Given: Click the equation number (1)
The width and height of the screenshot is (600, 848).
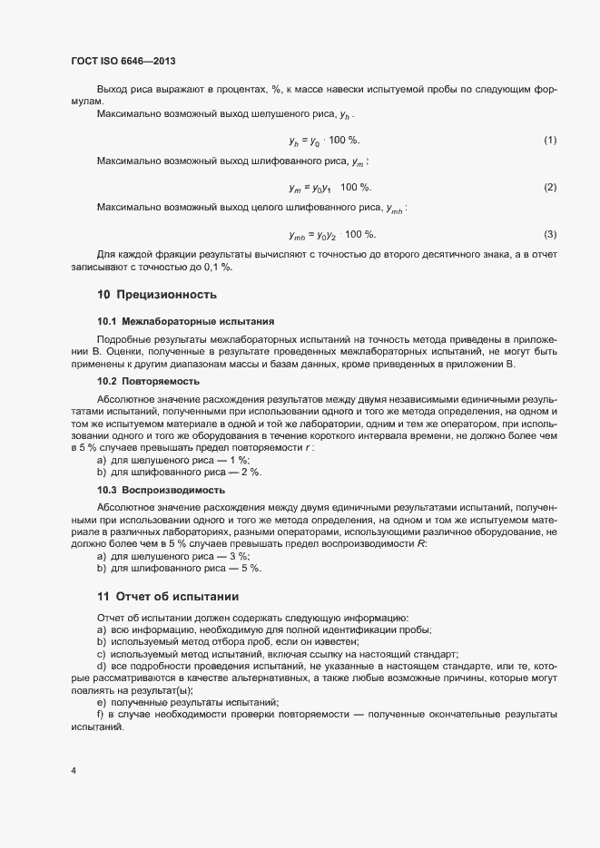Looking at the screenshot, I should click(x=549, y=141).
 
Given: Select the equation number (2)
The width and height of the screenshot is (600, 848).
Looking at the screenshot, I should click(x=549, y=188).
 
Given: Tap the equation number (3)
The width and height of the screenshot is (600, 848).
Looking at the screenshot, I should click(x=549, y=235).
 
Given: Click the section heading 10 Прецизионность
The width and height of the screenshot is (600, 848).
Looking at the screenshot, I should click(x=156, y=295).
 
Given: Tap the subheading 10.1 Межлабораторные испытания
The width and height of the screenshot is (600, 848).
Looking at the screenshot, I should click(x=173, y=322).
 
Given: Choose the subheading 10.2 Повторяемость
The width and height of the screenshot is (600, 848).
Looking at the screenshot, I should click(x=148, y=382).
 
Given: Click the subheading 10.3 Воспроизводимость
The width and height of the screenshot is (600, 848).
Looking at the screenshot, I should click(x=161, y=489).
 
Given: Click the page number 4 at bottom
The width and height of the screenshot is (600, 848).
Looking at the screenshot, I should click(x=74, y=771).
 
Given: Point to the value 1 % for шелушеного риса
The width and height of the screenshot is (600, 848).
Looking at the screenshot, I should click(x=240, y=460).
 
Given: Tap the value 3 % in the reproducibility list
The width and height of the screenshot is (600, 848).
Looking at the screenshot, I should click(x=240, y=555).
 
